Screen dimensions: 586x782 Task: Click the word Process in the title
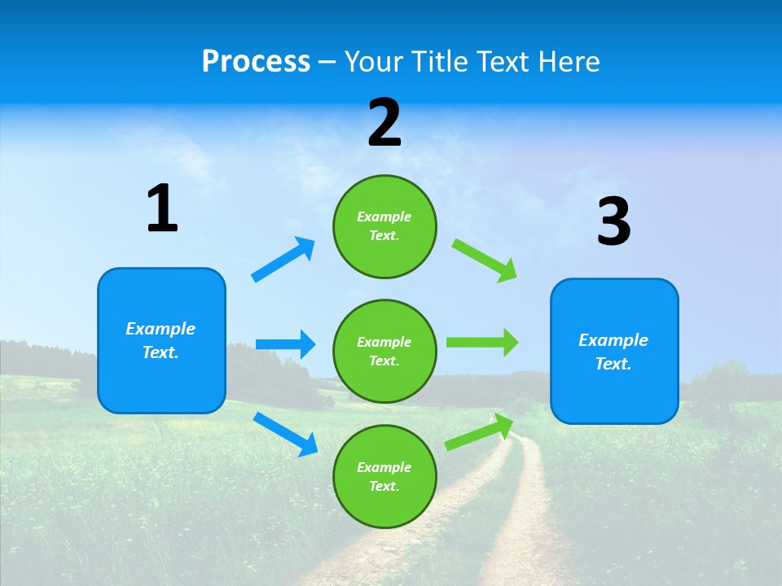[256, 62]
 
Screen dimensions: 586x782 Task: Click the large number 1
[162, 208]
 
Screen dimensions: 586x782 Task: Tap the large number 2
[384, 123]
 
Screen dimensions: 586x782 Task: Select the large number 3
[613, 222]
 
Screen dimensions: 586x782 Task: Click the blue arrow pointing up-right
[283, 260]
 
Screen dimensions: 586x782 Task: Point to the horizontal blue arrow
[285, 344]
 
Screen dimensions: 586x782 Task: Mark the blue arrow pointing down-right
[285, 434]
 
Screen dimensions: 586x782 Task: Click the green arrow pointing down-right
[485, 260]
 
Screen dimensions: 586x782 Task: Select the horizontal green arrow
[482, 343]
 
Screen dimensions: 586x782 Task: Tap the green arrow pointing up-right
[480, 432]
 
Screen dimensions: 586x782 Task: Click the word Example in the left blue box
[160, 329]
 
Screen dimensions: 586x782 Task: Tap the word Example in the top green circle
[384, 216]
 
